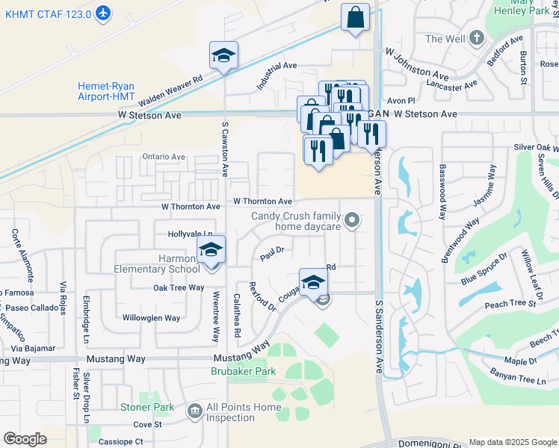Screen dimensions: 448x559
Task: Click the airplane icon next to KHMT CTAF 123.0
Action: (103, 13)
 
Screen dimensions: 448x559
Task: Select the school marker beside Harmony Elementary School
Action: (211, 252)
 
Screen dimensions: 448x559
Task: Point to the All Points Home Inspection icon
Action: (195, 411)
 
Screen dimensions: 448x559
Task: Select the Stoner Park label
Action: (147, 407)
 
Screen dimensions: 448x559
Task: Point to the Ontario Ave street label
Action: (164, 157)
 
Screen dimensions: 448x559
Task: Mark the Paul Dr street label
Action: (273, 255)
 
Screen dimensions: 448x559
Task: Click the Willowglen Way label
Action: (152, 317)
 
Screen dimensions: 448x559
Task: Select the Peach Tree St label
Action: (510, 304)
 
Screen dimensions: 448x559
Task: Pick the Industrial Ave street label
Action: (277, 76)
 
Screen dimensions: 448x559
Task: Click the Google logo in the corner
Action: (25, 439)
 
